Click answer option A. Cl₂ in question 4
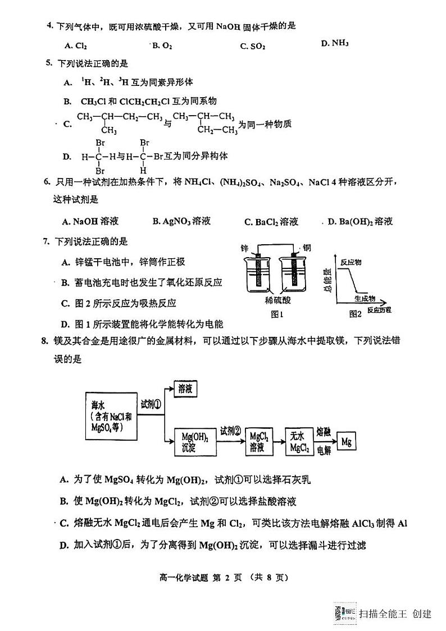coord(76,45)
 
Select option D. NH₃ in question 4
coord(335,43)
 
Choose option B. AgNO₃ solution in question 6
coord(181,221)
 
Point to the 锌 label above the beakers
coord(244,248)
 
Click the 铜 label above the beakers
coord(306,248)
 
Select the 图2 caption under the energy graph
coord(354,314)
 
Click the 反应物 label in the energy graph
coord(352,262)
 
